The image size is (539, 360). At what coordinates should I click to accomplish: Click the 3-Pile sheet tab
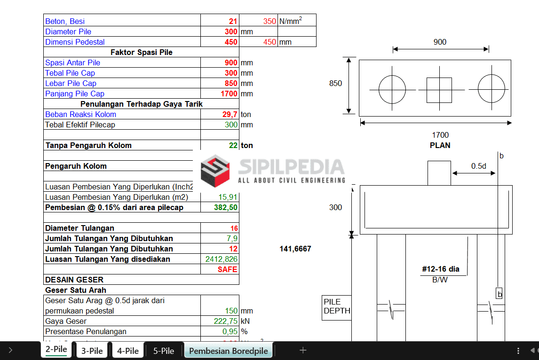click(x=92, y=351)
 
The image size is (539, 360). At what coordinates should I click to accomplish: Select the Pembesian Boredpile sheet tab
click(x=228, y=351)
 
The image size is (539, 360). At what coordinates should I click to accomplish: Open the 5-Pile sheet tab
click(x=164, y=351)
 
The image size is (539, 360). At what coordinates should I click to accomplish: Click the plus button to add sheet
click(x=303, y=350)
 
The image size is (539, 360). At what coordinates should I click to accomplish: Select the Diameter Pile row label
click(x=68, y=31)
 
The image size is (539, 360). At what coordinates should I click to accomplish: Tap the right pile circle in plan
click(x=491, y=88)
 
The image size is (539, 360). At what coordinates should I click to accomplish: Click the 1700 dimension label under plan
click(x=440, y=135)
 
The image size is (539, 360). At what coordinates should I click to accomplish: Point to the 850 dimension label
click(x=335, y=83)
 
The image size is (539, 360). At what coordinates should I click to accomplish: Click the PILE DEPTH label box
click(x=337, y=306)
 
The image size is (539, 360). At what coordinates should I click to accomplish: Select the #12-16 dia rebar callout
click(x=441, y=269)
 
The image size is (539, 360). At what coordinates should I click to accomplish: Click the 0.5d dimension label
click(x=479, y=166)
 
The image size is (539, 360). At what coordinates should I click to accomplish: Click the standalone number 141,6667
click(x=295, y=249)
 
